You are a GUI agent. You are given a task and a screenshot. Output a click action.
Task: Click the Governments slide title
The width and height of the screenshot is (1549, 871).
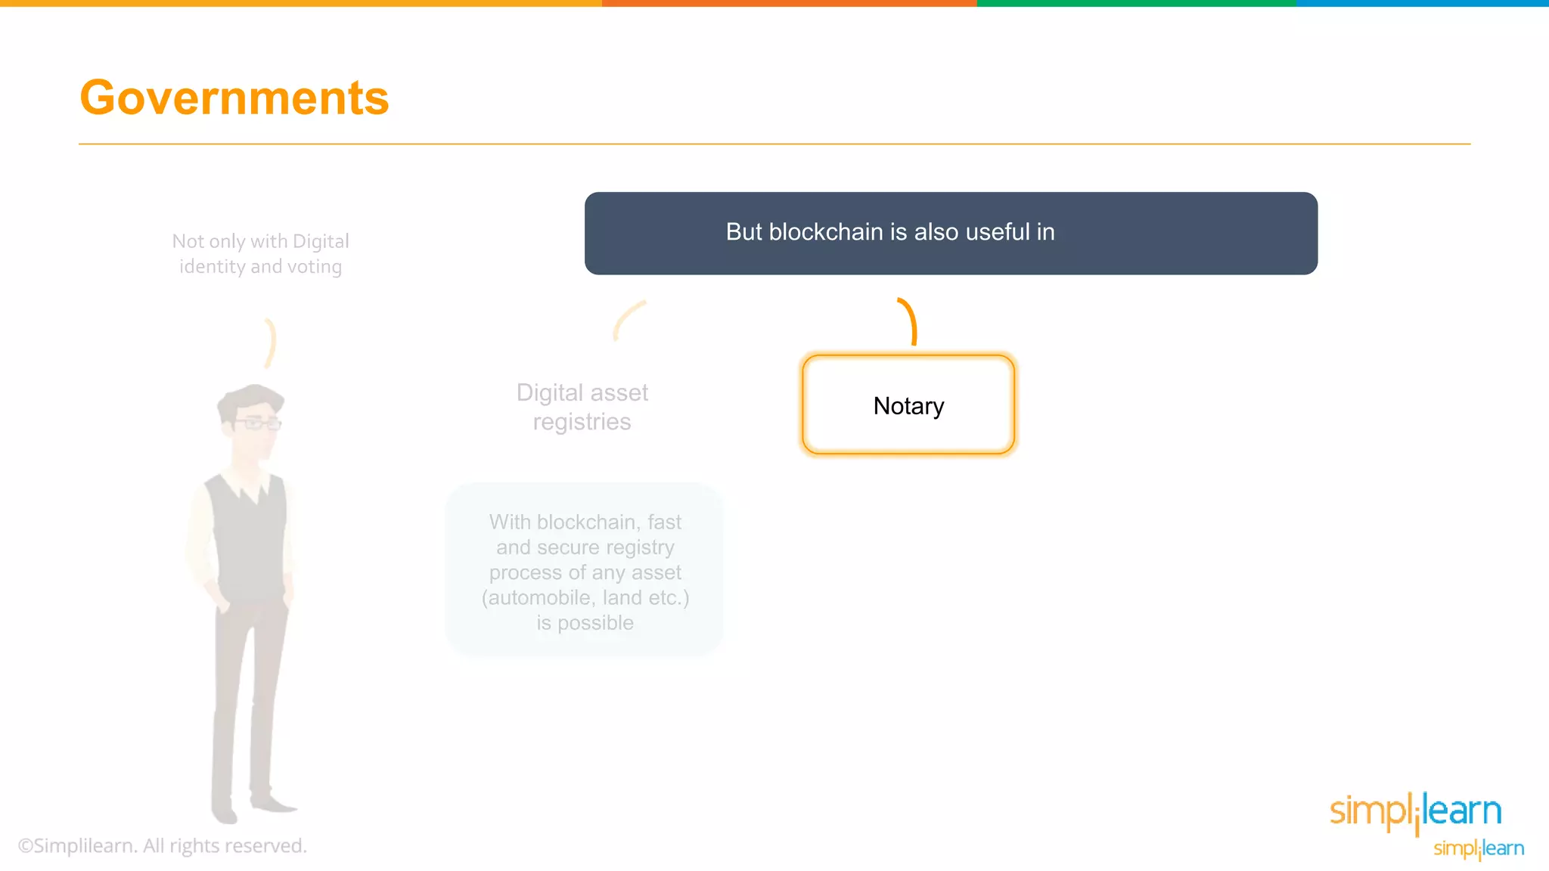(x=234, y=98)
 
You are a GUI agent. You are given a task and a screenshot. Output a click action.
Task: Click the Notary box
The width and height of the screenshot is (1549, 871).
(x=908, y=405)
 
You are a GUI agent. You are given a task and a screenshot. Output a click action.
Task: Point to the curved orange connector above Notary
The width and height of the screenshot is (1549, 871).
(x=910, y=321)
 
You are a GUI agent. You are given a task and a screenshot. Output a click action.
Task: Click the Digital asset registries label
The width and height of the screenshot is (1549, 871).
(x=582, y=407)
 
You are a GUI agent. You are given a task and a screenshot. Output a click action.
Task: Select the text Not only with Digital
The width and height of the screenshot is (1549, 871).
(x=260, y=241)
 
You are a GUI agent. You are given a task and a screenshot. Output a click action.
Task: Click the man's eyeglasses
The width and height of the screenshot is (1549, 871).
(x=257, y=423)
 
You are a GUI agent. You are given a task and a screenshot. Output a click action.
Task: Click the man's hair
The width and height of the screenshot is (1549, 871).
(x=250, y=397)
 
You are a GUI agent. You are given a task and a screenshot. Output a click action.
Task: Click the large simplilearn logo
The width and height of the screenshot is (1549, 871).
(x=1415, y=811)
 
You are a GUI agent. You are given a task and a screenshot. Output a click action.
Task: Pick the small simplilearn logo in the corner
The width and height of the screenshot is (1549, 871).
(x=1479, y=848)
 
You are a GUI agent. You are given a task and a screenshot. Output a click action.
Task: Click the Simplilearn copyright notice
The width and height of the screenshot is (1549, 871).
(x=163, y=846)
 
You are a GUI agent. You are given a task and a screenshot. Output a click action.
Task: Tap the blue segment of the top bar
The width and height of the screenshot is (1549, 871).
(x=1422, y=3)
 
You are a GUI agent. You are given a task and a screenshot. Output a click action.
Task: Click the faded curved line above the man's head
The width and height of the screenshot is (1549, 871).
(x=270, y=343)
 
